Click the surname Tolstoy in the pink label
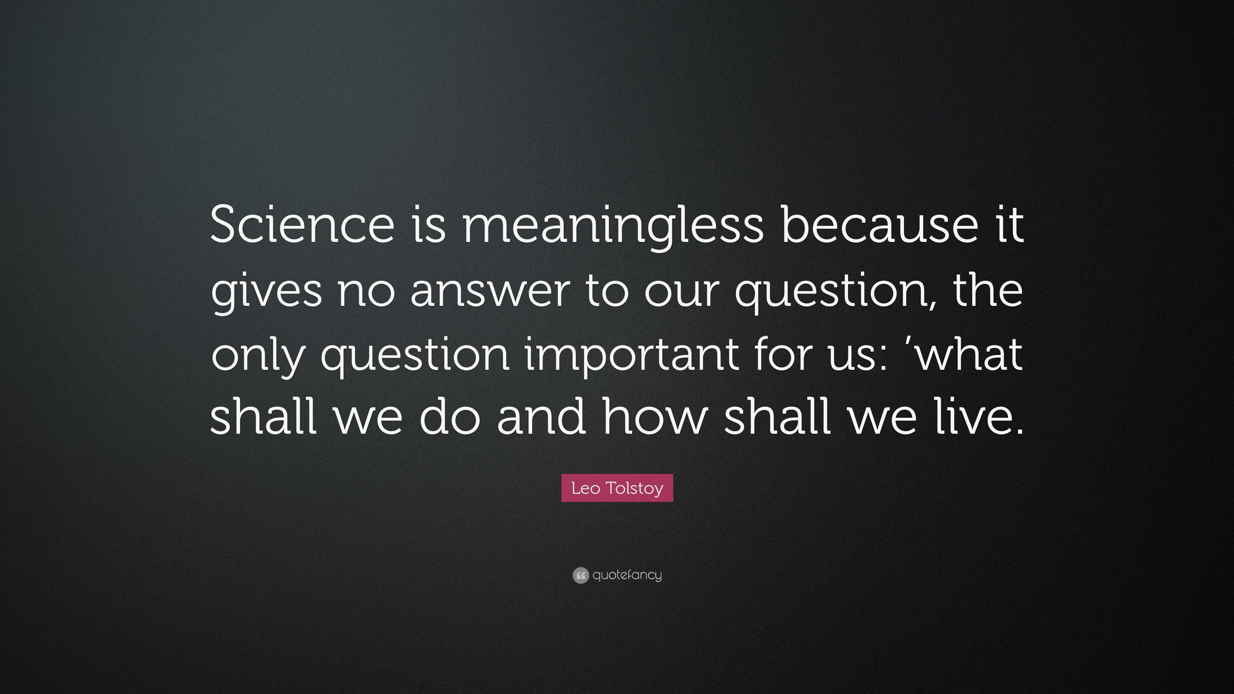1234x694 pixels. coord(634,488)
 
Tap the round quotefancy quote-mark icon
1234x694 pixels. coord(580,575)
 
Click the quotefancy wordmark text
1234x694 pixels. coord(627,575)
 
